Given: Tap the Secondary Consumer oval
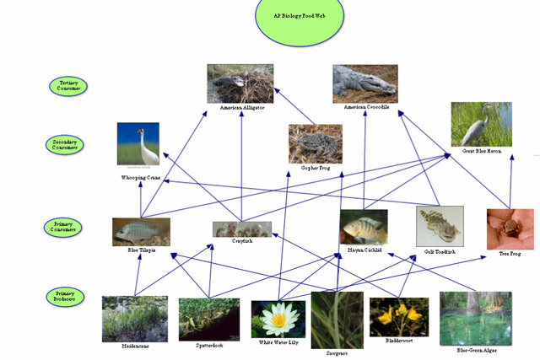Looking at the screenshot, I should [65, 144].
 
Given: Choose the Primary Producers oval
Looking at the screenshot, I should [65, 296].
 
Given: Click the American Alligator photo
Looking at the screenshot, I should [240, 83].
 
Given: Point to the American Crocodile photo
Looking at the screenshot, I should [364, 83].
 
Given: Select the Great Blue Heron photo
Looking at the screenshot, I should [481, 124].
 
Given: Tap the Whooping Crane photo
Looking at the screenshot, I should [138, 144].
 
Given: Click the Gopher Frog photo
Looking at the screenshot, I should [315, 143].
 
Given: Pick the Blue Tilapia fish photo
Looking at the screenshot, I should [141, 231].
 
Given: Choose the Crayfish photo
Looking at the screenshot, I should [242, 228].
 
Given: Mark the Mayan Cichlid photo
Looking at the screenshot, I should [364, 227].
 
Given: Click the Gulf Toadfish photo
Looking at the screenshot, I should [440, 226].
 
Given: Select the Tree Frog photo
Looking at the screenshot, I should [510, 228].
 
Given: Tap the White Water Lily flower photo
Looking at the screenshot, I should [278, 320].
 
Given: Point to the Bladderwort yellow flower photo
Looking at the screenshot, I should [398, 317].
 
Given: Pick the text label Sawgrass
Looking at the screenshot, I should [337, 353].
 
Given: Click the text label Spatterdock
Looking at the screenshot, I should [208, 346].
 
